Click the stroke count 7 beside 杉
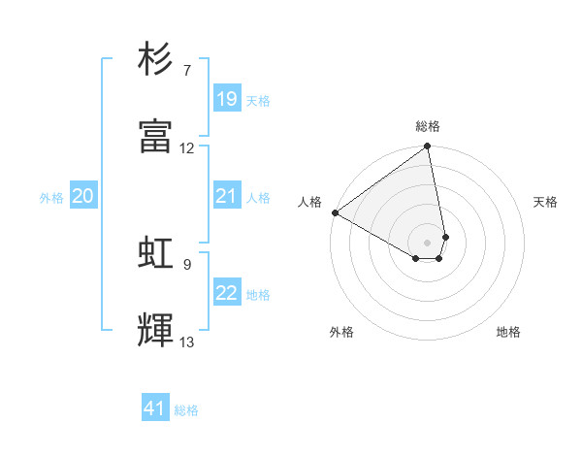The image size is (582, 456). (x=187, y=71)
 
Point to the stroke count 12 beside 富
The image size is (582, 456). (x=187, y=148)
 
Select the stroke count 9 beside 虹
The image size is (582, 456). (x=187, y=264)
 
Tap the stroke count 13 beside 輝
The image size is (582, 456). (x=187, y=342)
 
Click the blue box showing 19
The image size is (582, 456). (x=227, y=99)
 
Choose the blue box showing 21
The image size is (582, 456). (x=227, y=196)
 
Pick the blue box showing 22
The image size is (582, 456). (x=227, y=293)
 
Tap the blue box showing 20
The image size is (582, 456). (x=83, y=196)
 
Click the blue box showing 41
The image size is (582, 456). (x=155, y=408)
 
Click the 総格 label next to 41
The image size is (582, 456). (x=186, y=410)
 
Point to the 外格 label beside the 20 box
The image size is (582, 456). (x=51, y=198)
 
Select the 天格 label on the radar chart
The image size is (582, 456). (x=545, y=202)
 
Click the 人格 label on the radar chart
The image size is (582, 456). (x=309, y=202)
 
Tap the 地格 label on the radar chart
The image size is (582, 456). (x=508, y=332)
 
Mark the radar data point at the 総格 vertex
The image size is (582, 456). (x=427, y=147)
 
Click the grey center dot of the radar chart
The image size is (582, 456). (x=427, y=242)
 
